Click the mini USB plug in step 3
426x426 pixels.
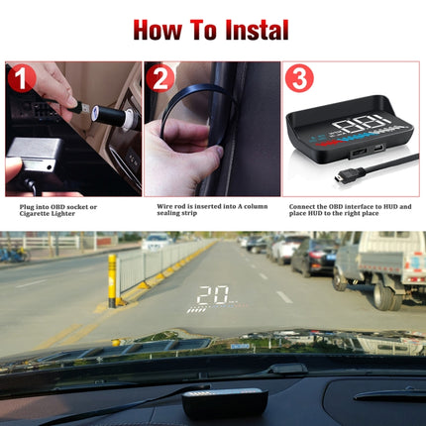click(341, 176)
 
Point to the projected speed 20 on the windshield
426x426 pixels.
click(211, 294)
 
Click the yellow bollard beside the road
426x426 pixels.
click(112, 279)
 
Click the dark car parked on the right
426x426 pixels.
click(313, 258)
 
